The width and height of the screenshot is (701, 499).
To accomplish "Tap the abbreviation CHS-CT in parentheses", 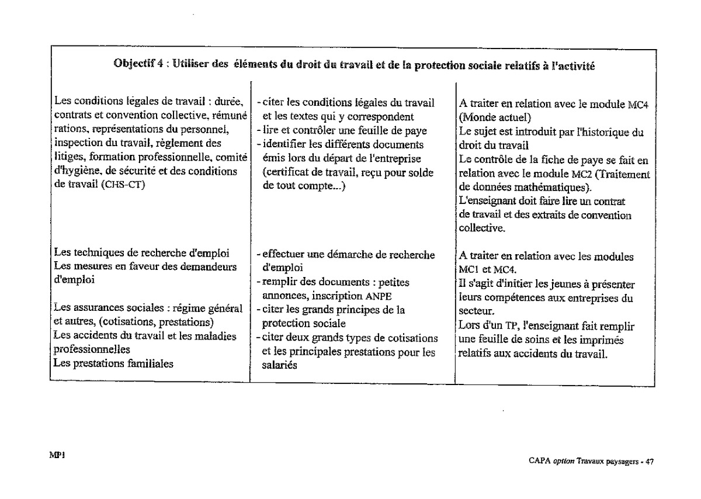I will click(x=124, y=185).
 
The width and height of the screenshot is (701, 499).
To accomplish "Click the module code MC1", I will click(x=469, y=270).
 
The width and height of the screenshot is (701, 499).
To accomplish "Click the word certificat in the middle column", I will click(x=286, y=172).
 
